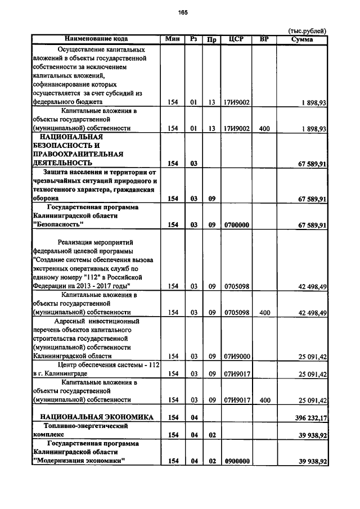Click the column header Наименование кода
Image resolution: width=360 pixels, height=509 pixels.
coord(96,39)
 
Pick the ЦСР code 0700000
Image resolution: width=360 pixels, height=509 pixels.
coord(236,225)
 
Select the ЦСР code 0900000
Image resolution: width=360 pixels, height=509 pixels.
coord(236,461)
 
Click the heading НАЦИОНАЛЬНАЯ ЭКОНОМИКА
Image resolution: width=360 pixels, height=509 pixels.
coord(96,417)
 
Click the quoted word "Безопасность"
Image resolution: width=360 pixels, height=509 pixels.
coord(58,225)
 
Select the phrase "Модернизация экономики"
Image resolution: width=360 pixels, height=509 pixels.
coord(79,461)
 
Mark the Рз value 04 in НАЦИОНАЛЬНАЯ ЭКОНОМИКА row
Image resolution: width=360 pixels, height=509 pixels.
coord(193,417)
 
